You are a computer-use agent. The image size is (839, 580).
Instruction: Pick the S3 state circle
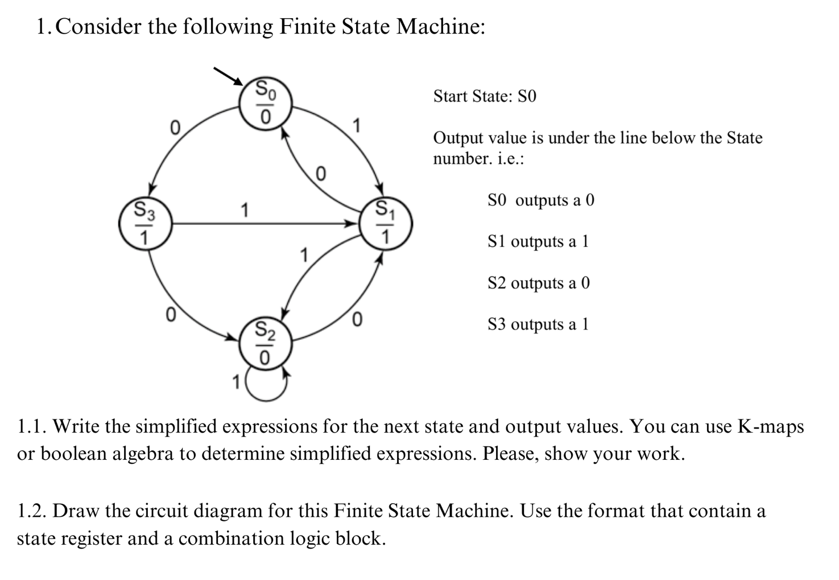tap(145, 224)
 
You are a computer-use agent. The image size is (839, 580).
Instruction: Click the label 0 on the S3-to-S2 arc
tap(169, 315)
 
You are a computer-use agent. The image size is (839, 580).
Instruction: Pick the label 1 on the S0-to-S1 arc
tap(357, 125)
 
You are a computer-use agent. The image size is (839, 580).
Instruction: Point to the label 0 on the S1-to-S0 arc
tap(320, 174)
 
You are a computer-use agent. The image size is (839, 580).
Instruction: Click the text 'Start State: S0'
tap(485, 96)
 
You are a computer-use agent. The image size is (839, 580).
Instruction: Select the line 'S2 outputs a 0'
tap(539, 283)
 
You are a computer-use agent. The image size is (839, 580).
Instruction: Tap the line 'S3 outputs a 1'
tap(538, 324)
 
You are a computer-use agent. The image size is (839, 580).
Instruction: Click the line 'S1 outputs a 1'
tap(538, 241)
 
